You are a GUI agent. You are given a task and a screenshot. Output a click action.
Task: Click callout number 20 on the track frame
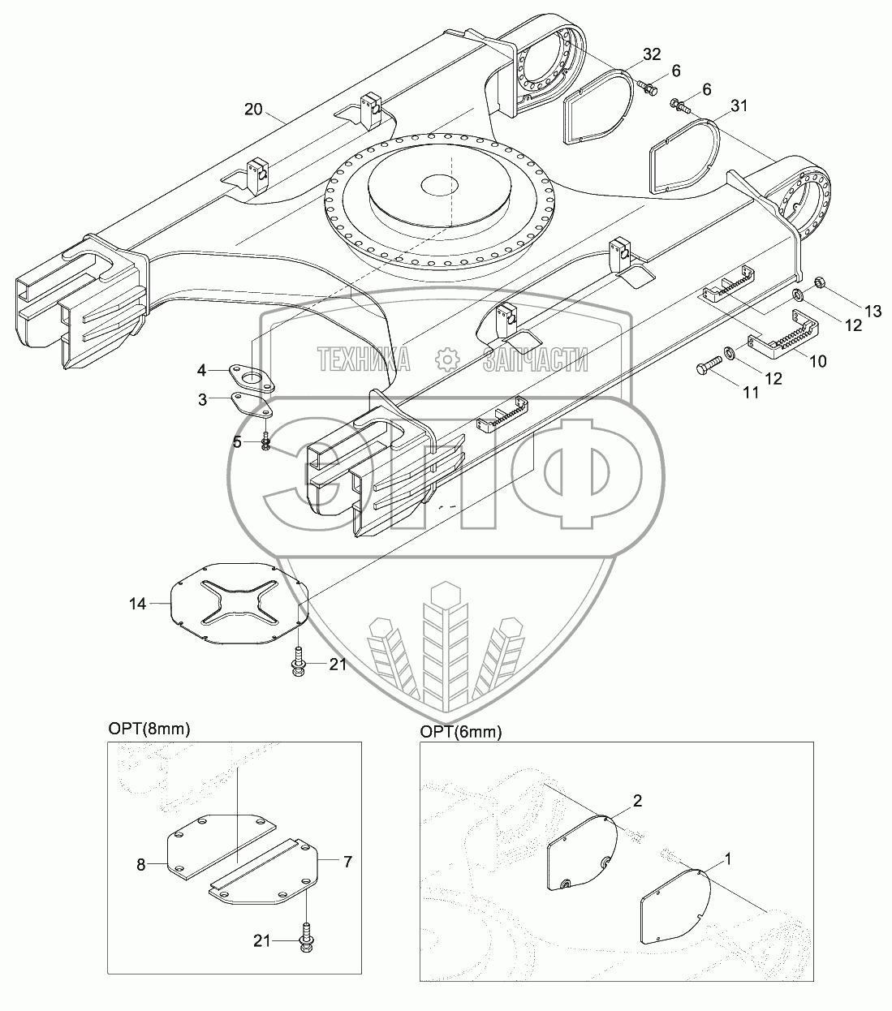pos(253,110)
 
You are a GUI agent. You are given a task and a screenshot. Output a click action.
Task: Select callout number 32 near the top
pos(652,55)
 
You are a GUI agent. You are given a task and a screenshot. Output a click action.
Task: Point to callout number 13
pos(872,311)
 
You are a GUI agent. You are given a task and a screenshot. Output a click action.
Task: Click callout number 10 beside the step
pos(817,361)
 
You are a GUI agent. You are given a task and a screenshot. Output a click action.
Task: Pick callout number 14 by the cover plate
pos(137,604)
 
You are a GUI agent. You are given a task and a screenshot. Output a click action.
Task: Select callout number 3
pos(201,399)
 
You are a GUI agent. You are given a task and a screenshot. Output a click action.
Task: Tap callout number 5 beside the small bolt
pos(237,441)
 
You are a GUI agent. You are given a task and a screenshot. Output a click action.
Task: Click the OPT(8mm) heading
pos(149,729)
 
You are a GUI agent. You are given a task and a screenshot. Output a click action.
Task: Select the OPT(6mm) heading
pos(460,732)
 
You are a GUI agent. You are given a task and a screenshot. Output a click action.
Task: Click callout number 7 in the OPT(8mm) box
pos(347,862)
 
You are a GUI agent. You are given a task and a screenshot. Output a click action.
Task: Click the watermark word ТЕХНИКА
pos(364,359)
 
